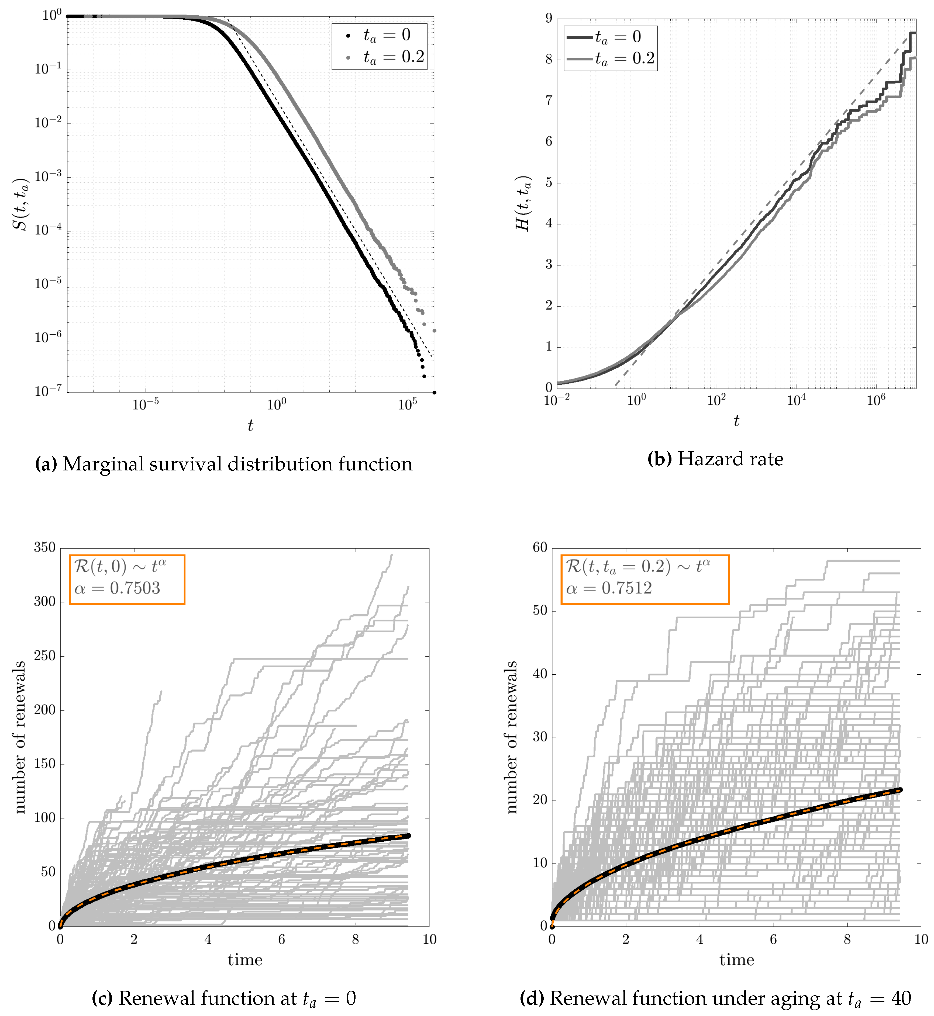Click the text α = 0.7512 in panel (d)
coord(609,588)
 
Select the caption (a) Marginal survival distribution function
coord(223,464)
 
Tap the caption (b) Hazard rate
coord(715,459)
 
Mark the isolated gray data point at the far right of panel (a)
coord(434,331)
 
